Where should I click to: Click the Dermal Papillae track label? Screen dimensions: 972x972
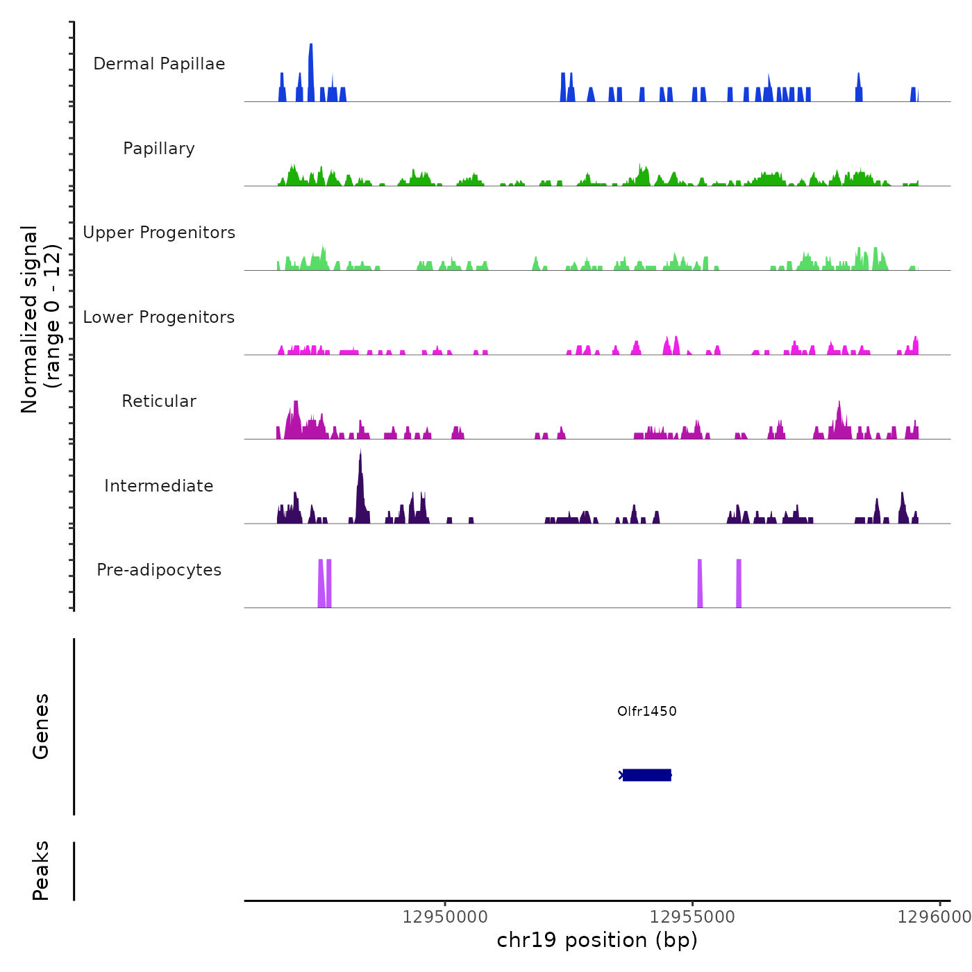coord(159,64)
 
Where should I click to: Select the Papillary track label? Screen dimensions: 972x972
coord(159,149)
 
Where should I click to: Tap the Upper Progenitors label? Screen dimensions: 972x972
coord(159,233)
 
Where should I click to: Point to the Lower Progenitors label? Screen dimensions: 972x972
coord(159,317)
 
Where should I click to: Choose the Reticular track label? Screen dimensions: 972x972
coord(159,401)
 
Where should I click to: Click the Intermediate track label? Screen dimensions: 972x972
coord(159,486)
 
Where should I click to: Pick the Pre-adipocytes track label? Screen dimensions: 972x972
coord(159,570)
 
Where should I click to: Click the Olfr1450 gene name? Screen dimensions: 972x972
coord(646,711)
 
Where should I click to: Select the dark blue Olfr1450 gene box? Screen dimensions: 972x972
coord(646,775)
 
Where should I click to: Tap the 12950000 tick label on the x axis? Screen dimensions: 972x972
coord(445,917)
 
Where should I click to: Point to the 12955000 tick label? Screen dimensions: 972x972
coord(692,917)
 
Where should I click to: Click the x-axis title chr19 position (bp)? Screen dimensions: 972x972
coord(597,940)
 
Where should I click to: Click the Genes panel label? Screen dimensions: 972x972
coord(41,726)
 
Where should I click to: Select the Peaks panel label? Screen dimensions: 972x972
coord(41,871)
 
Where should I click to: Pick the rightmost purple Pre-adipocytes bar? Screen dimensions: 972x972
coord(739,583)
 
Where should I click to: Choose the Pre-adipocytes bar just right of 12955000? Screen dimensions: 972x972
coord(700,583)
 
